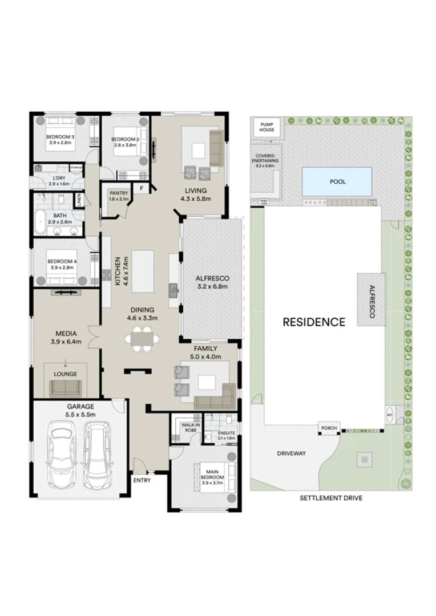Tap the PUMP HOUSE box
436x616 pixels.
point(267,127)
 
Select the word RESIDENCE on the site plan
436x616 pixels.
point(314,322)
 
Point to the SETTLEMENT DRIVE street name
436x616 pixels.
point(331,497)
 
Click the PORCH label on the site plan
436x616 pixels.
point(329,428)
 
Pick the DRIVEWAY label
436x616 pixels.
point(292,453)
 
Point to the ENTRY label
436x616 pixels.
point(142,480)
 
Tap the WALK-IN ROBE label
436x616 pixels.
point(189,427)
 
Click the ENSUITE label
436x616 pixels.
point(227,434)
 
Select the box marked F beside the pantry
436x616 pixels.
point(140,189)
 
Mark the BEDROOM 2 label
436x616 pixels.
point(124,139)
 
